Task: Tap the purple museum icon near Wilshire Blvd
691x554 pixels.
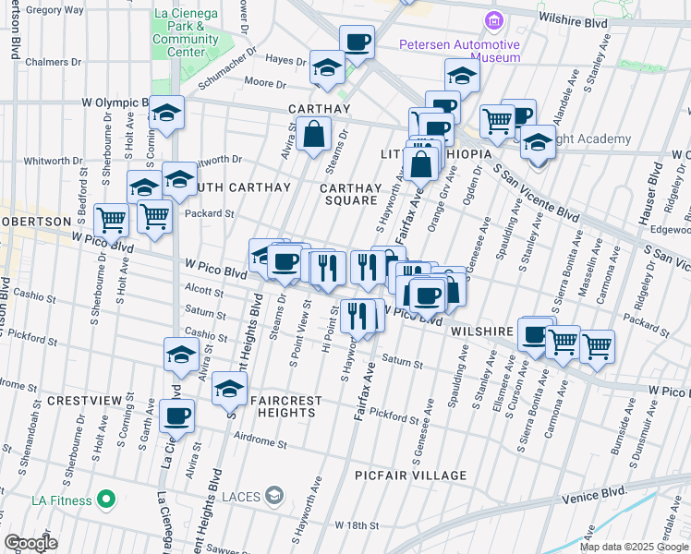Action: pyautogui.click(x=494, y=20)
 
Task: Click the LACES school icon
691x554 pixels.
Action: pyautogui.click(x=274, y=497)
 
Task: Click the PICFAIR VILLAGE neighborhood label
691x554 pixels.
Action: pyautogui.click(x=411, y=476)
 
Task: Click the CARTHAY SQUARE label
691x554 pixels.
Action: pyautogui.click(x=348, y=194)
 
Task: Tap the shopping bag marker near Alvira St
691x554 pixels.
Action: pyautogui.click(x=314, y=135)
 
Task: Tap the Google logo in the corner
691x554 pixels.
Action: pyautogui.click(x=30, y=543)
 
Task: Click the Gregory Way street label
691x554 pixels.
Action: pyautogui.click(x=57, y=9)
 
